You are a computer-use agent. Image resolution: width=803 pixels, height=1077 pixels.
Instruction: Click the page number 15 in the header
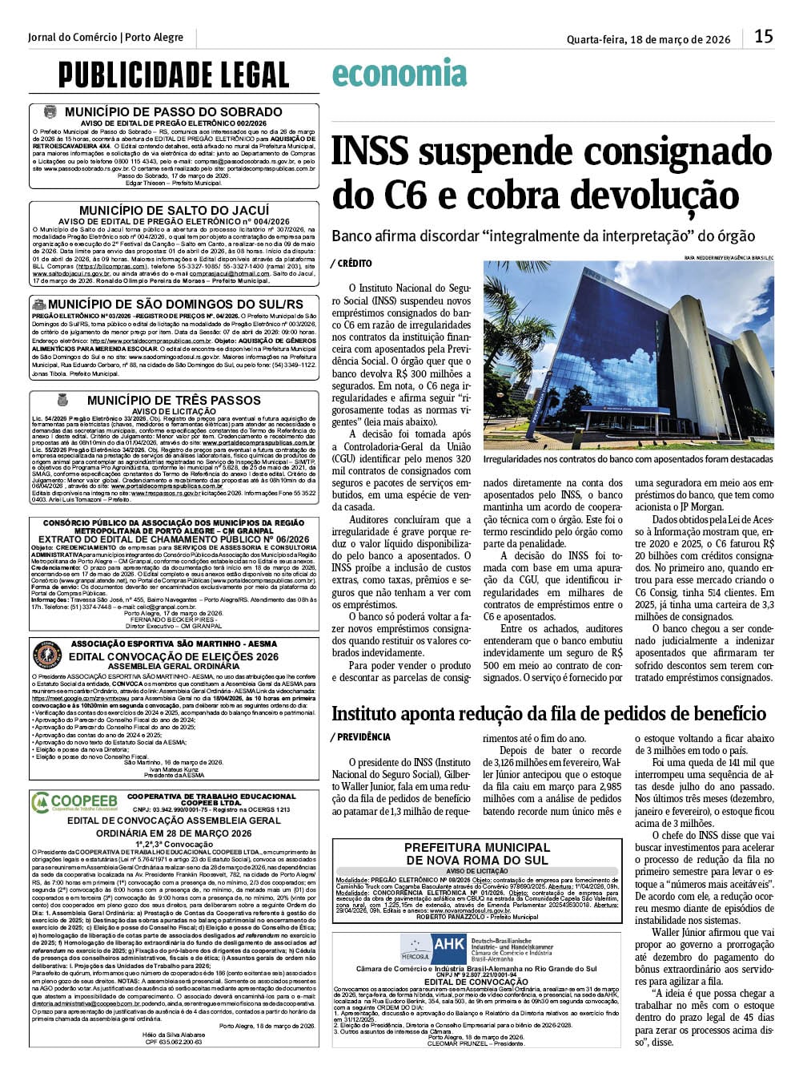763,37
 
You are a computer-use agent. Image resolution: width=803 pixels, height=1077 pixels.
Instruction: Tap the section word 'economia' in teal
399,75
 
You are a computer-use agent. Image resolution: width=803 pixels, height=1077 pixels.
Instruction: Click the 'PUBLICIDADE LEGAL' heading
173,75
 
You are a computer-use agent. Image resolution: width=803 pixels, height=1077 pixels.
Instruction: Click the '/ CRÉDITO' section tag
351,263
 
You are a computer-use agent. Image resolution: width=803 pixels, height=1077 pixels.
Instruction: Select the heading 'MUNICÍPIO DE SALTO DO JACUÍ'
174,210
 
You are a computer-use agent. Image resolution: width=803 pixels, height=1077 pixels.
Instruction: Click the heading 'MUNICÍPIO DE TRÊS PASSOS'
174,400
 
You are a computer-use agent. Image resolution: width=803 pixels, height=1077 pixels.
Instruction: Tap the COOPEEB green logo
74,801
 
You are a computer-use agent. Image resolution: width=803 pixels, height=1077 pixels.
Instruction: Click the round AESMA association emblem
47,655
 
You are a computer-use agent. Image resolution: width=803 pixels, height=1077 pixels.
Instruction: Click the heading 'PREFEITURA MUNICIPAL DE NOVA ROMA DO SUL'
476,853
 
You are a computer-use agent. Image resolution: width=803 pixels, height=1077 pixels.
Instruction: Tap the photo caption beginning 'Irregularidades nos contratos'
628,459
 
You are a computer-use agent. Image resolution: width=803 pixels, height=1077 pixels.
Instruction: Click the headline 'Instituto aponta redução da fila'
548,713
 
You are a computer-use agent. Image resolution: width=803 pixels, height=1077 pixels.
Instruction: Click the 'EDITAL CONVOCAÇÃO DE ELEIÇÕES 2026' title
174,657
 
